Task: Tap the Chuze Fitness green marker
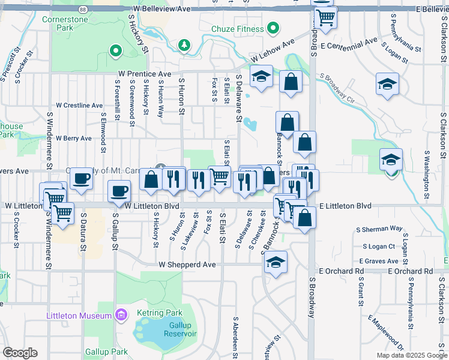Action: click(x=273, y=28)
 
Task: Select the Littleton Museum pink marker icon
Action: click(x=121, y=315)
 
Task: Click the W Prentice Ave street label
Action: click(x=144, y=74)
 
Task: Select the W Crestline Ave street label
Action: click(x=79, y=105)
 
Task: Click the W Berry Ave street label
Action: click(x=73, y=138)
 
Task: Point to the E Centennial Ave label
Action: click(x=349, y=44)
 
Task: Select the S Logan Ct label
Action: click(x=379, y=246)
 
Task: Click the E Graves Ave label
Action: click(x=379, y=261)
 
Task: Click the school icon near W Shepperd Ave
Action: click(x=276, y=262)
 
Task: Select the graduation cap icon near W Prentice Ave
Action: click(x=261, y=77)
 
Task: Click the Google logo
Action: click(x=20, y=353)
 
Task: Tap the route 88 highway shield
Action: click(x=82, y=9)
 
